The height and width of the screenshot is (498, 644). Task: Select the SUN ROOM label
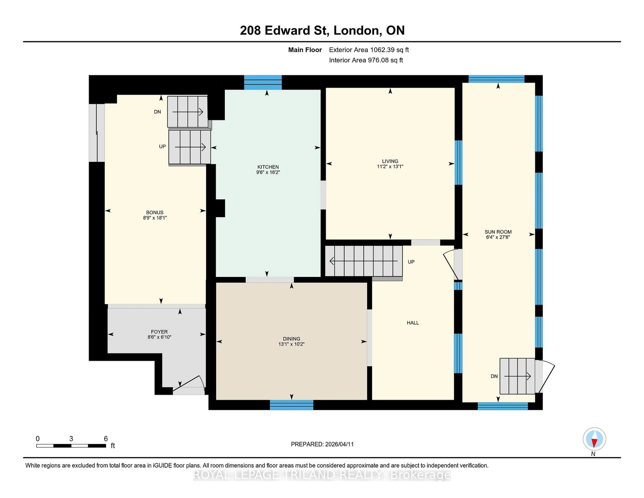pyautogui.click(x=498, y=232)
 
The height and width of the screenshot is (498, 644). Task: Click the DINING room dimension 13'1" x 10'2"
pyautogui.click(x=291, y=344)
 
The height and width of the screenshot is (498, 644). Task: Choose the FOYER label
pyautogui.click(x=159, y=332)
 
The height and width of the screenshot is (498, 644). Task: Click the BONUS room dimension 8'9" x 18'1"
pyautogui.click(x=155, y=218)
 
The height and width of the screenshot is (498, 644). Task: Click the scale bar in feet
pyautogui.click(x=71, y=445)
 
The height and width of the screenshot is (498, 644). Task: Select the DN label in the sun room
pyautogui.click(x=494, y=376)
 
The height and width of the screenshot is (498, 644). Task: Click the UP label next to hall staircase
pyautogui.click(x=411, y=262)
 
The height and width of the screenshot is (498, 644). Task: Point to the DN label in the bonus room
pyautogui.click(x=157, y=112)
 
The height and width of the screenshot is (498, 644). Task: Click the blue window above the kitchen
pyautogui.click(x=263, y=82)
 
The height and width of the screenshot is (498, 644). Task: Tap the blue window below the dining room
pyautogui.click(x=291, y=405)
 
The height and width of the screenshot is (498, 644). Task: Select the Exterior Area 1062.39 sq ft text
pyautogui.click(x=369, y=50)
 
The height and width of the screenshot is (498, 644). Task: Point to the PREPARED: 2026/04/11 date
pyautogui.click(x=322, y=444)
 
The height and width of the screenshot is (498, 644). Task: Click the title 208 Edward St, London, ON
pyautogui.click(x=322, y=30)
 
